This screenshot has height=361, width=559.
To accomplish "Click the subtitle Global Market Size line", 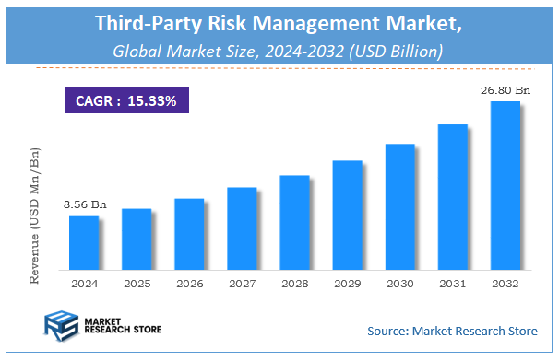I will (278, 51).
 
